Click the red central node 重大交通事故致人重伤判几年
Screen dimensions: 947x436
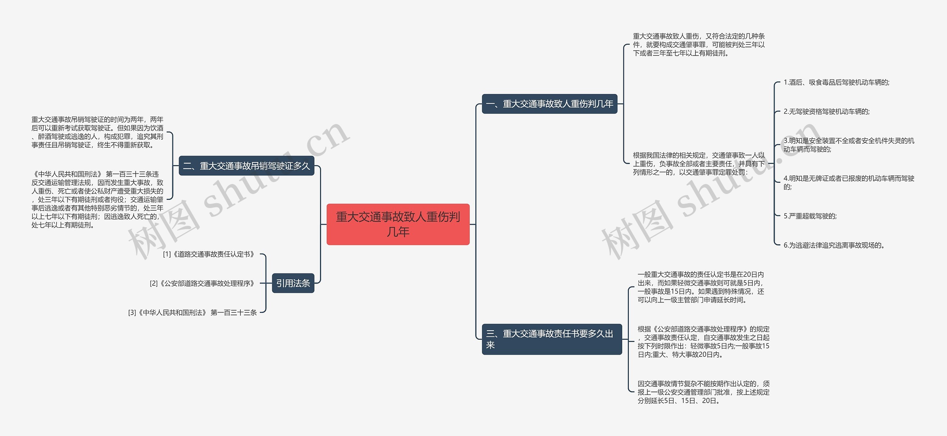point(398,224)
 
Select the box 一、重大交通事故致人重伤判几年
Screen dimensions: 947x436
point(549,104)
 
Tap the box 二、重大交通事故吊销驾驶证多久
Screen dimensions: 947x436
point(246,166)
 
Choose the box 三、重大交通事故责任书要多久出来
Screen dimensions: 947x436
point(552,339)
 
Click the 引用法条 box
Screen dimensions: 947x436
point(293,283)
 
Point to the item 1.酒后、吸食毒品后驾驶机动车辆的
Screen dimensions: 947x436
point(836,83)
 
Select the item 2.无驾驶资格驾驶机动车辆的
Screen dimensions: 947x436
point(826,111)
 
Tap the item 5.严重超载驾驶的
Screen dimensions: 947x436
point(810,216)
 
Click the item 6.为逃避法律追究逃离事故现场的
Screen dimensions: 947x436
point(834,245)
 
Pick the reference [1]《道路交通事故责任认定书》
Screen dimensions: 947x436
point(209,254)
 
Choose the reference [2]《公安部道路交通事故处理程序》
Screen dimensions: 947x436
point(202,284)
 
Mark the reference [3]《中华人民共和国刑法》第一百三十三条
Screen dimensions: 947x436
point(192,313)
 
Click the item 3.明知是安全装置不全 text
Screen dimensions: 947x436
point(849,145)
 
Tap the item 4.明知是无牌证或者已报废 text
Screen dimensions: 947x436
point(849,182)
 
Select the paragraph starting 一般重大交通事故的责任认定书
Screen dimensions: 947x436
point(701,287)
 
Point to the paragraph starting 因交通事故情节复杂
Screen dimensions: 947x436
point(703,392)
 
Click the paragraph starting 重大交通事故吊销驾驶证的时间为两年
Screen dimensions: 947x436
point(97,132)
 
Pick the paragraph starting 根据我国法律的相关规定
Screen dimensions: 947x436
point(698,164)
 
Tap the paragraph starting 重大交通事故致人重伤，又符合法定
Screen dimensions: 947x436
point(698,45)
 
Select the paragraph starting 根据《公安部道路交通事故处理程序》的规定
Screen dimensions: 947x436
point(703,342)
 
